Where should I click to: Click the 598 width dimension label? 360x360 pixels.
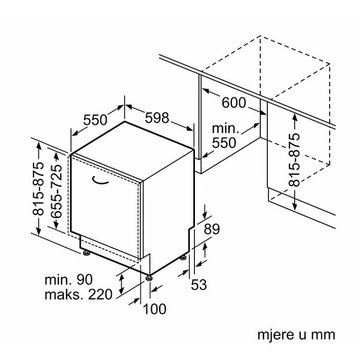click(x=156, y=118)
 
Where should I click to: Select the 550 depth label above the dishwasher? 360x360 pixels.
click(x=95, y=120)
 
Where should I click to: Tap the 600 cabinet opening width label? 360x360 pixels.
click(x=233, y=103)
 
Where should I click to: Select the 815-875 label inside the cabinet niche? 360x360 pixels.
click(x=294, y=160)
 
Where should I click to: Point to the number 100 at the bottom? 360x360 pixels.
click(x=154, y=309)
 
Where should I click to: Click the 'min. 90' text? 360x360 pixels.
click(x=68, y=280)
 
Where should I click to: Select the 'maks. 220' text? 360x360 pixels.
click(x=78, y=295)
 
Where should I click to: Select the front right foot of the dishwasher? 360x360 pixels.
click(x=149, y=278)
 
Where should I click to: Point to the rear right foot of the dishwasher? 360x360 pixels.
click(x=183, y=257)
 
